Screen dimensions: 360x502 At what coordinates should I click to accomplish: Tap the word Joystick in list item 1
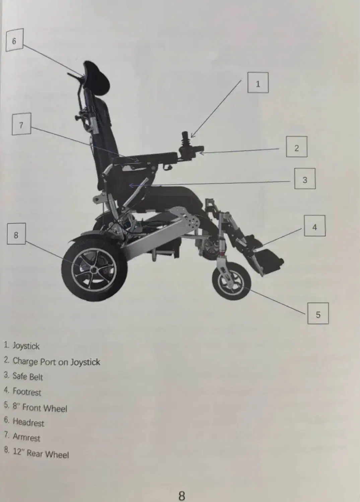pyautogui.click(x=26, y=346)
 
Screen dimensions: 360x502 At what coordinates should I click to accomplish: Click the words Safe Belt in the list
pyautogui.click(x=28, y=377)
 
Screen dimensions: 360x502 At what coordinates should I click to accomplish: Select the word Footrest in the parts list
pyautogui.click(x=27, y=392)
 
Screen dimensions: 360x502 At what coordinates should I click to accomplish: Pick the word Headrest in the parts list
pyautogui.click(x=28, y=422)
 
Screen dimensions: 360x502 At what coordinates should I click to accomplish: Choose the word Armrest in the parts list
pyautogui.click(x=26, y=437)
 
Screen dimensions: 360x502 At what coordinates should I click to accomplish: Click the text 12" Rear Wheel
pyautogui.click(x=41, y=452)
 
